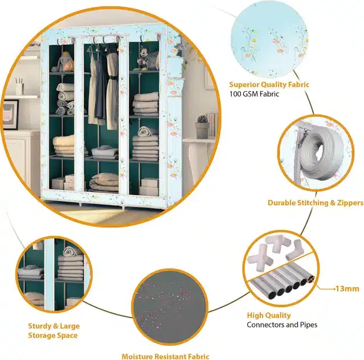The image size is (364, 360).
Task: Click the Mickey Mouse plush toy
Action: click(x=142, y=59)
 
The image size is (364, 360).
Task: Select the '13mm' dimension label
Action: click(x=347, y=289)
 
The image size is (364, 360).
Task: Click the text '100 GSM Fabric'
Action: click(x=254, y=94)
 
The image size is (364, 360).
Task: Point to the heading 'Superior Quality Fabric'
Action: click(x=269, y=85)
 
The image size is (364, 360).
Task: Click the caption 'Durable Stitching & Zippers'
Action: click(x=316, y=203)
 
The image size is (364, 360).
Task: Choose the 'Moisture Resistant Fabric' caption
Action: click(x=165, y=356)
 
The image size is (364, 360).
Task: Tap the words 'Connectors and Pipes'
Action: click(x=282, y=325)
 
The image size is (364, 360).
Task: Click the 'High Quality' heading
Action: click(x=269, y=315)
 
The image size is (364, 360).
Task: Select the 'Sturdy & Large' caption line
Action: click(x=54, y=326)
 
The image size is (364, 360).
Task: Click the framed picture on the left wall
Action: click(x=10, y=114)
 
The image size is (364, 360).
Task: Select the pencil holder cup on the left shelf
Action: click(x=20, y=87)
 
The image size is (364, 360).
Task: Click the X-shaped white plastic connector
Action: click(x=258, y=257)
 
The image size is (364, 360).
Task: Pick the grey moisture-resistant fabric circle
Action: click(x=170, y=307)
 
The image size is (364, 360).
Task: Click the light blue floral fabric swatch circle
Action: click(x=269, y=40)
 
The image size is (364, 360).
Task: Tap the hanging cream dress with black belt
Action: click(x=112, y=87)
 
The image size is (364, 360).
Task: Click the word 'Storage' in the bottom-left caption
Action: click(x=40, y=336)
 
